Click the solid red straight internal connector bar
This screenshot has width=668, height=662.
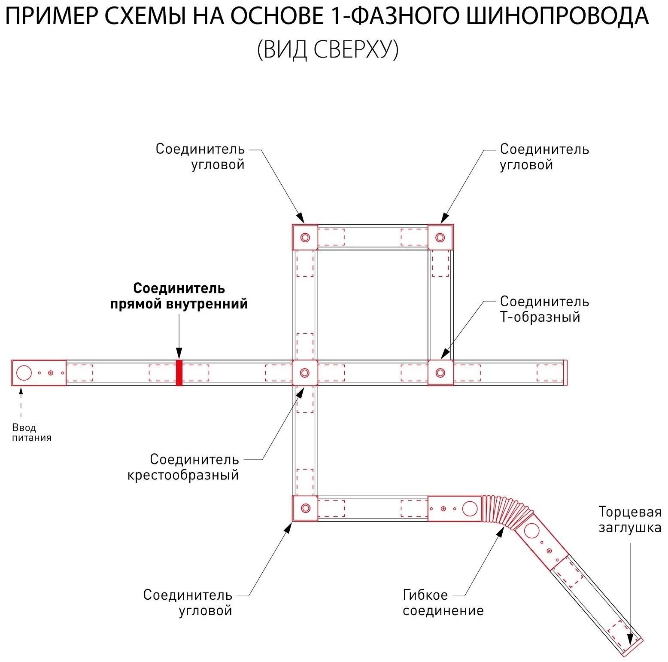click(x=179, y=372)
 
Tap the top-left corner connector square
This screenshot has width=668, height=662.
click(x=305, y=237)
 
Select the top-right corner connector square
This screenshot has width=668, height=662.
click(x=440, y=237)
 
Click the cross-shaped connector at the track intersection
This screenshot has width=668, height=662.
click(x=305, y=372)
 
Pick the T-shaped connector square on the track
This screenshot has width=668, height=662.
click(x=440, y=372)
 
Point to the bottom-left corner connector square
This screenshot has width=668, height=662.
click(x=305, y=508)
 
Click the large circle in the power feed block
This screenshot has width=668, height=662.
click(x=24, y=372)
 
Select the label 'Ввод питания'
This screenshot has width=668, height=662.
click(x=31, y=433)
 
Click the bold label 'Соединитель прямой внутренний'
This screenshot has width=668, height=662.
click(x=179, y=296)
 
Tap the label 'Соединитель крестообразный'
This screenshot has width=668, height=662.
click(x=183, y=467)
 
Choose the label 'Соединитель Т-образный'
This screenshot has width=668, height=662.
click(x=544, y=309)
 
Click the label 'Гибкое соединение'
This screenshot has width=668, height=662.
click(x=443, y=602)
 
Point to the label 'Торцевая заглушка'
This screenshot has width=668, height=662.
click(x=629, y=519)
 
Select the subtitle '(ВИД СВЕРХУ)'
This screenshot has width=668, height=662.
click(x=328, y=49)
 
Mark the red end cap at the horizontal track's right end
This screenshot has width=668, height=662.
click(x=565, y=372)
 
